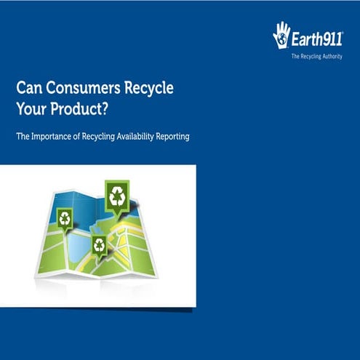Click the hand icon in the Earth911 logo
tap(281, 35)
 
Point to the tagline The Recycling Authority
tap(316, 56)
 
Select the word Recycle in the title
tap(148, 88)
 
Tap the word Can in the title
tap(28, 88)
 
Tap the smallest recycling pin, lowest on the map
tap(99, 246)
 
